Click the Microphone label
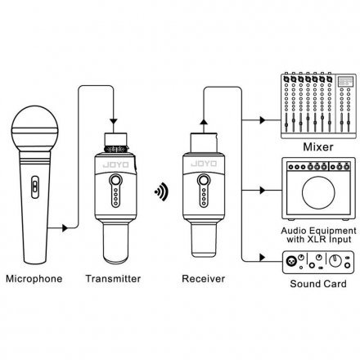pyautogui.click(x=34, y=279)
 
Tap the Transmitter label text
pyautogui.click(x=113, y=279)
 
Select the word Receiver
pyautogui.click(x=204, y=279)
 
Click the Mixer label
pyautogui.click(x=318, y=146)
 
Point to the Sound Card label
pyautogui.click(x=318, y=284)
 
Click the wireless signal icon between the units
pyautogui.click(x=161, y=191)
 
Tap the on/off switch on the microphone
pyautogui.click(x=34, y=187)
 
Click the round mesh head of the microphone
pyautogui.click(x=35, y=129)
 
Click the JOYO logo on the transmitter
pyautogui.click(x=115, y=165)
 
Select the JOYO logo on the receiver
pyautogui.click(x=204, y=164)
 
